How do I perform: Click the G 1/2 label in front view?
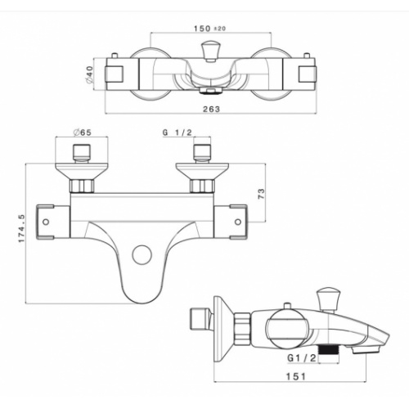[x=178, y=133]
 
